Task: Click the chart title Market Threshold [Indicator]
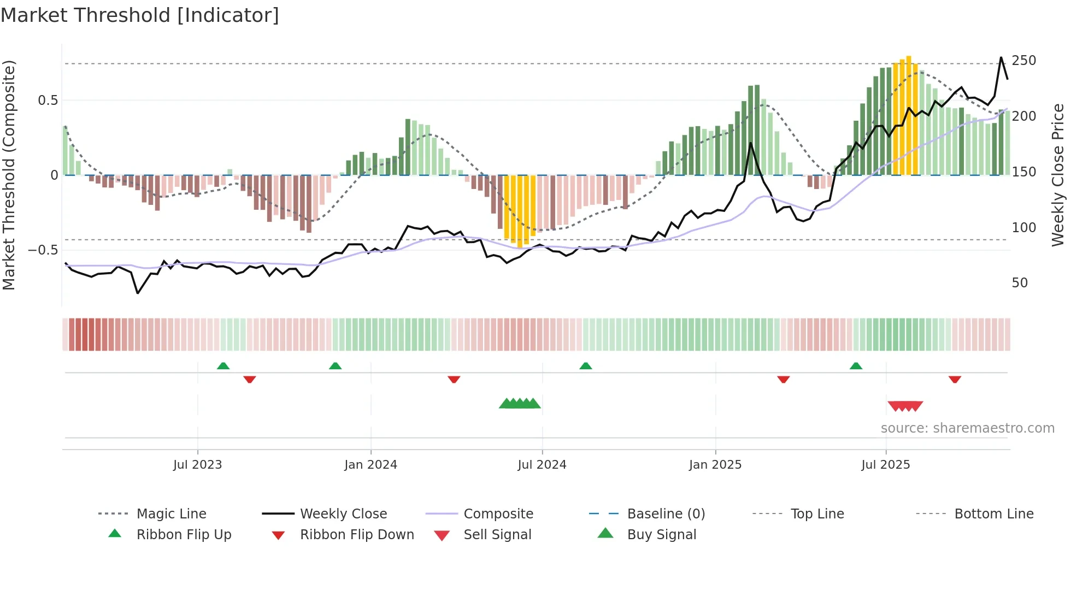tap(139, 15)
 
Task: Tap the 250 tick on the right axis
tap(1023, 61)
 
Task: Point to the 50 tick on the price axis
tap(1020, 283)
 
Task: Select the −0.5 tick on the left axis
tap(43, 250)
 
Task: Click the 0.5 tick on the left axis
tap(48, 101)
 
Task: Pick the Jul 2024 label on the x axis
tap(542, 465)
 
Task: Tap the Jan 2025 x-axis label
tap(715, 465)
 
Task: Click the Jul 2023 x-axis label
tap(197, 465)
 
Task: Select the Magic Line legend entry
tap(171, 514)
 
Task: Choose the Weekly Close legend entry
tap(343, 514)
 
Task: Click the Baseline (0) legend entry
tap(666, 514)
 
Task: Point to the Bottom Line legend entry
tap(993, 514)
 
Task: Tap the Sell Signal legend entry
tap(497, 535)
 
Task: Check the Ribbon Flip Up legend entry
tap(184, 535)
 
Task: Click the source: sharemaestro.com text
tap(967, 428)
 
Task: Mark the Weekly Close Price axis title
tap(1058, 175)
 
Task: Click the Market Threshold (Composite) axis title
tap(9, 175)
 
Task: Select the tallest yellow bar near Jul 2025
tap(908, 115)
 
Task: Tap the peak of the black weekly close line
tap(1001, 57)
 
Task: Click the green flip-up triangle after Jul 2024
tap(585, 366)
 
